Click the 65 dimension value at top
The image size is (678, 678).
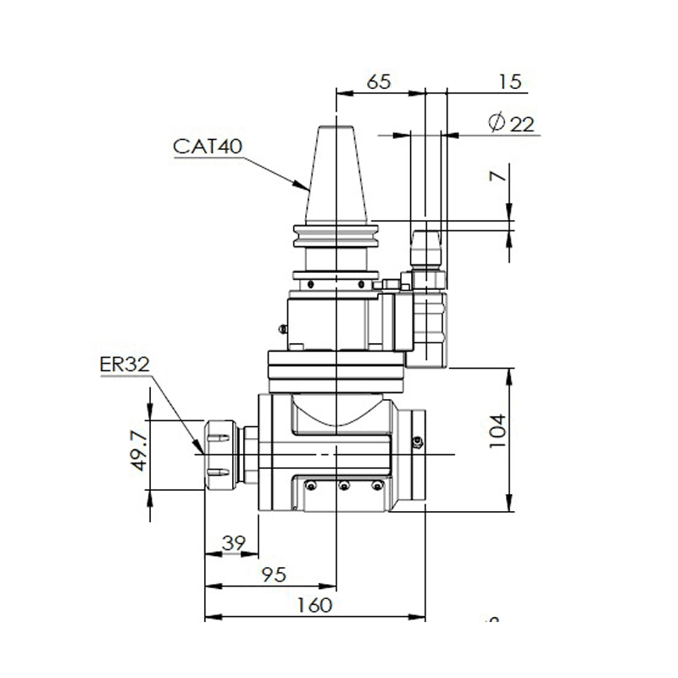click(378, 82)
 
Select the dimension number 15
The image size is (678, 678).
click(509, 82)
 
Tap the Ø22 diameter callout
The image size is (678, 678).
click(512, 124)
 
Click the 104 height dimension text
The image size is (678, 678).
click(497, 431)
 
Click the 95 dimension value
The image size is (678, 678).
click(273, 575)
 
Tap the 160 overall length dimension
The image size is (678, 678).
click(315, 605)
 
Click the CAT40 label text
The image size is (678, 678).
click(208, 146)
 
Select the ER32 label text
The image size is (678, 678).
click(125, 364)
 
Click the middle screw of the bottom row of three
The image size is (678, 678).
click(343, 486)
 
